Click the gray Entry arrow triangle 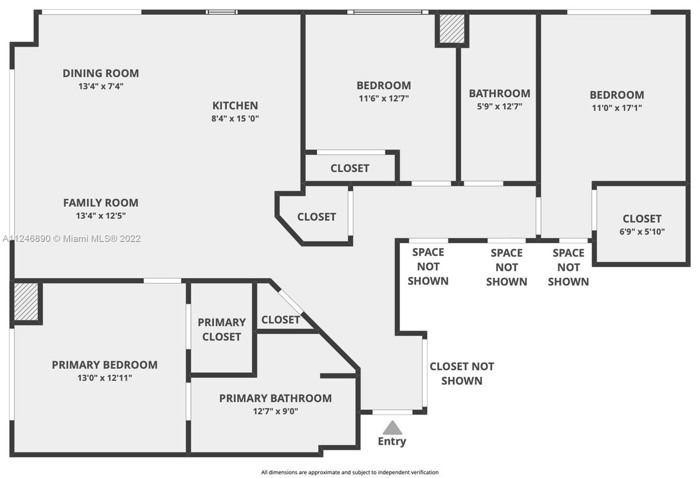(x=392, y=428)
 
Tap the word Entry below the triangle (x=392, y=441)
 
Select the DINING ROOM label (x=101, y=73)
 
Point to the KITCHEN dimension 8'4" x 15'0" (x=235, y=119)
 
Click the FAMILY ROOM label (x=101, y=203)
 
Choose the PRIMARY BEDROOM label (x=105, y=365)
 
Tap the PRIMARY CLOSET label (x=221, y=330)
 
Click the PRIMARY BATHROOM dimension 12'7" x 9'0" (x=275, y=411)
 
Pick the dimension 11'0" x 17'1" (x=617, y=108)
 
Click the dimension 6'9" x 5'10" (x=642, y=232)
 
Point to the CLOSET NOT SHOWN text (x=462, y=373)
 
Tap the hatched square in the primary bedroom (x=26, y=302)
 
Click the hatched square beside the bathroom (x=452, y=29)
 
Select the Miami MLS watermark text (x=72, y=239)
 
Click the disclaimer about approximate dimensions (x=350, y=472)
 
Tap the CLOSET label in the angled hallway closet (x=316, y=217)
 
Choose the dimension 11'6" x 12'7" (x=384, y=98)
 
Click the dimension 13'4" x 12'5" (x=101, y=216)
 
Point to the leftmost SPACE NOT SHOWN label (x=428, y=267)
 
